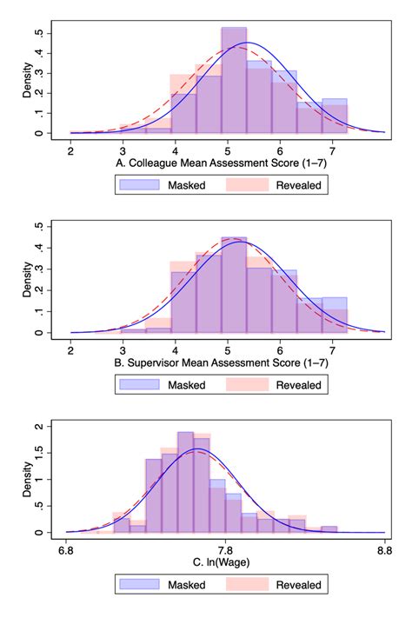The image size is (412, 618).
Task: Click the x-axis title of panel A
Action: point(227,162)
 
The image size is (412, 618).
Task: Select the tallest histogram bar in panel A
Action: point(234,83)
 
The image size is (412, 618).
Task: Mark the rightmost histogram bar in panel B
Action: point(335,316)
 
